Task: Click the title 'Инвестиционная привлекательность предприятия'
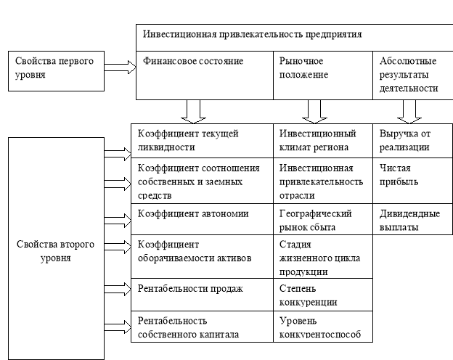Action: click(x=252, y=34)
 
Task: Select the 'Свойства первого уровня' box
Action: click(x=56, y=71)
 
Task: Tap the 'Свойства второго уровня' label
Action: click(x=55, y=251)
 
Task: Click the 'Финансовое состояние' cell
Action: click(x=205, y=75)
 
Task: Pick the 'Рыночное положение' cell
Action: click(x=323, y=75)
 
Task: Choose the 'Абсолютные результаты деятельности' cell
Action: click(x=413, y=75)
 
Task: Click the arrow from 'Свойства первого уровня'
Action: click(x=121, y=67)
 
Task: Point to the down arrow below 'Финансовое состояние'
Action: click(x=193, y=112)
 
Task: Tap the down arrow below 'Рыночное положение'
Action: click(x=314, y=112)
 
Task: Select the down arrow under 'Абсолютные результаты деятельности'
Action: click(x=409, y=112)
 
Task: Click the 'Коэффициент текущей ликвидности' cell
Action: click(x=203, y=141)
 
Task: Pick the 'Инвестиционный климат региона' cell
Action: click(x=323, y=141)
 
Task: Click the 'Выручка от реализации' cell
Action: click(x=413, y=141)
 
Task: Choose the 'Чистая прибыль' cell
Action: click(x=413, y=181)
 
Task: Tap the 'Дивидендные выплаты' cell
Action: click(x=413, y=219)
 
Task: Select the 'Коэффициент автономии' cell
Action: click(x=203, y=219)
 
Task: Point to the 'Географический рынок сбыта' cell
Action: click(x=323, y=219)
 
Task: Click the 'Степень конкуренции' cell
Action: click(x=323, y=295)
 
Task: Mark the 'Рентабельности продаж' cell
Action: click(x=203, y=295)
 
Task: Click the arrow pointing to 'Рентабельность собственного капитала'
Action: click(x=118, y=327)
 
